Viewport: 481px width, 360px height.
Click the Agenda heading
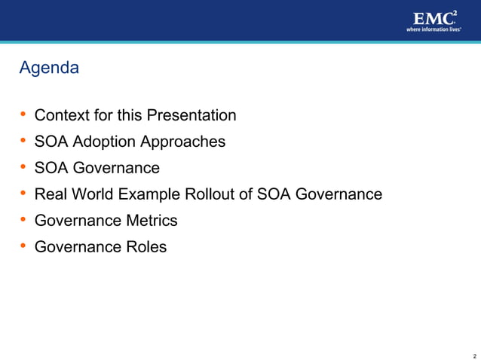click(49, 68)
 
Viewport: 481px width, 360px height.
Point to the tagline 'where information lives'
click(434, 30)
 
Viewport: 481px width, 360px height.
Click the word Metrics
click(151, 221)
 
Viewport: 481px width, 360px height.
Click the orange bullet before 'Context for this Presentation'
click(23, 115)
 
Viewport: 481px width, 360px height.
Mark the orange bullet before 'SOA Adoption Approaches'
click(23, 142)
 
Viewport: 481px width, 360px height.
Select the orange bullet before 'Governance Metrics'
click(23, 221)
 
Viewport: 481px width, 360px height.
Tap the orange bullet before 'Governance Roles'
click(23, 247)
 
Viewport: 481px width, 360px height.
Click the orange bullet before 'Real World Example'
click(23, 194)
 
